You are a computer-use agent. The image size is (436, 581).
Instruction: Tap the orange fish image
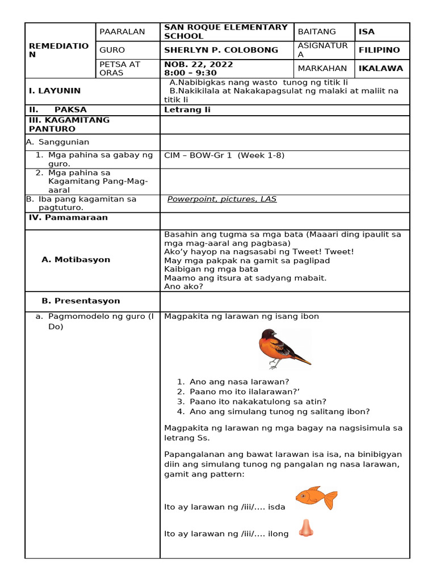click(x=316, y=498)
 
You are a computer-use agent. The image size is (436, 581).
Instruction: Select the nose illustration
click(x=307, y=528)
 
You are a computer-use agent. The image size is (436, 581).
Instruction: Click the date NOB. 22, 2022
click(x=198, y=64)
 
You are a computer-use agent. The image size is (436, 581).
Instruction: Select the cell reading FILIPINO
click(x=379, y=50)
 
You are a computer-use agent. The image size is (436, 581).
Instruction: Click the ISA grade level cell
click(x=367, y=32)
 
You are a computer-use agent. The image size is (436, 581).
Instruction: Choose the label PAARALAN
click(x=122, y=32)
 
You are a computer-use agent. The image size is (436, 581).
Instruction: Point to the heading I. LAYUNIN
click(x=54, y=91)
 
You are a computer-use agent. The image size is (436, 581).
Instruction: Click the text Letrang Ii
click(x=187, y=110)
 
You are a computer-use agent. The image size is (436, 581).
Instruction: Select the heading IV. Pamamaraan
click(x=68, y=217)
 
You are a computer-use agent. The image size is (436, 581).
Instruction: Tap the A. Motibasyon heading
click(x=76, y=259)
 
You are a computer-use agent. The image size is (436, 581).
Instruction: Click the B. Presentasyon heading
click(x=81, y=301)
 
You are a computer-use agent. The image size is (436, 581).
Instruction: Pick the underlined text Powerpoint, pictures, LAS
click(x=222, y=199)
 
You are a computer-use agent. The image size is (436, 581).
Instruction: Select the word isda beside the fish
click(x=276, y=507)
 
